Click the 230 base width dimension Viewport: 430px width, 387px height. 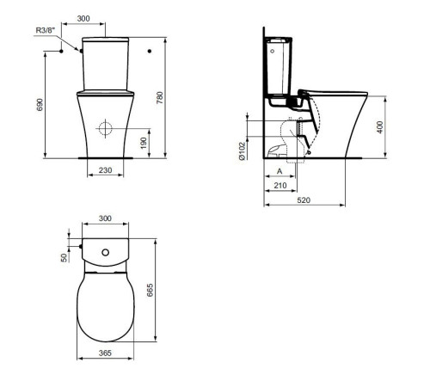(x=105, y=170)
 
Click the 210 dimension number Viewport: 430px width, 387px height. (x=279, y=186)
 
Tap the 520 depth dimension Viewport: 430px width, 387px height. (x=305, y=200)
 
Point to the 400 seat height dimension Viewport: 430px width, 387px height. (x=380, y=126)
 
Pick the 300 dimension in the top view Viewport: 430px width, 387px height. (x=105, y=220)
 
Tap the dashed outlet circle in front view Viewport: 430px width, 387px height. (x=105, y=130)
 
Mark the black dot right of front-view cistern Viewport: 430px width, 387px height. (x=150, y=52)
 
